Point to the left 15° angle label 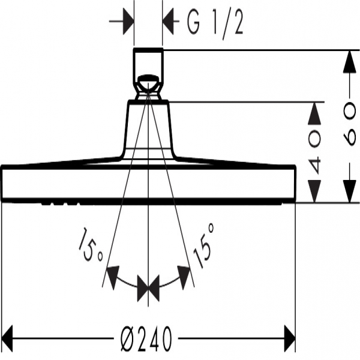[x=90, y=247]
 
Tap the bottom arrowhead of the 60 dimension [x=347, y=192]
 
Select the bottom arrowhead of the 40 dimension [x=314, y=192]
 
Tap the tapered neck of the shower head [x=148, y=129]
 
